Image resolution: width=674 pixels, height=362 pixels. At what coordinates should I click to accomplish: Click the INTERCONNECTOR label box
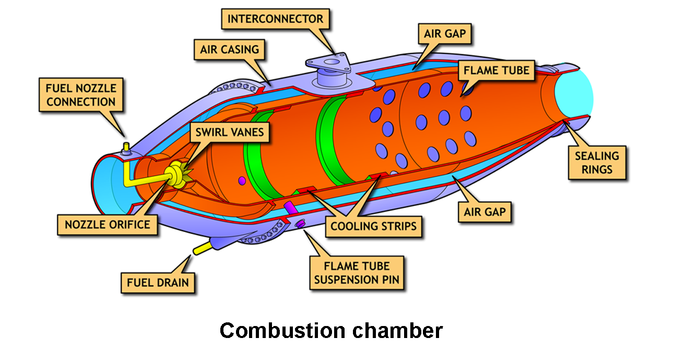click(275, 20)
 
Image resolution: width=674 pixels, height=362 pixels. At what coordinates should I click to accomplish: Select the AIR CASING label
click(229, 50)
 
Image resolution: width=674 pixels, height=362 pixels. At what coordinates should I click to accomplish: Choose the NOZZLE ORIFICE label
click(108, 225)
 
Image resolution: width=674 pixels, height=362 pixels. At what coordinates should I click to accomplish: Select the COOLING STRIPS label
click(373, 227)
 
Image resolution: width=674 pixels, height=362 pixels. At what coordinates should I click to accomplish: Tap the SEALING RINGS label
click(597, 163)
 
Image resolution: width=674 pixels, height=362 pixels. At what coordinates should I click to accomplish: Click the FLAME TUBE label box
click(496, 69)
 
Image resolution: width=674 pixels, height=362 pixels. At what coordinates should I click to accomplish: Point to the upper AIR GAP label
click(445, 35)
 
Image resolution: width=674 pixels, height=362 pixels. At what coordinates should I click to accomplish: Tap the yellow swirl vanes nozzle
click(176, 175)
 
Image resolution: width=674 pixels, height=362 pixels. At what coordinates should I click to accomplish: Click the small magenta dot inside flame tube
click(242, 180)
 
